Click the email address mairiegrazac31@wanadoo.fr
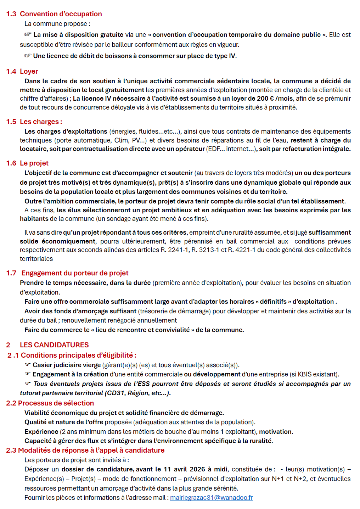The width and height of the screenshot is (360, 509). [211, 497]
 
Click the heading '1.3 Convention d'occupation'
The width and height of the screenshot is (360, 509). [54, 14]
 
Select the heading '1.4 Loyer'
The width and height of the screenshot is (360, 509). [22, 71]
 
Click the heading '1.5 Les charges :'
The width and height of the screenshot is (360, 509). [34, 122]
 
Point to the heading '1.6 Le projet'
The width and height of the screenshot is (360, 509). [27, 163]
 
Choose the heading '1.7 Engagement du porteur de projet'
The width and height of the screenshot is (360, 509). [67, 273]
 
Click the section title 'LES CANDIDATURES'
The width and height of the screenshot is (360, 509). [54, 345]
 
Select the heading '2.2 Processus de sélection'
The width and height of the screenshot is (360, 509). [50, 403]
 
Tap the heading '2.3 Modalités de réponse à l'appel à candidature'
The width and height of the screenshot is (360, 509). [85, 450]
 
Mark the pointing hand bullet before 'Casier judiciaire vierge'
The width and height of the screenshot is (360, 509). [28, 365]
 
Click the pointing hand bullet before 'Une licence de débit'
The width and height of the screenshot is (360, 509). [28, 56]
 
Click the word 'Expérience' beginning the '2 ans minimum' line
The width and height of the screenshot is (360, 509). [41, 432]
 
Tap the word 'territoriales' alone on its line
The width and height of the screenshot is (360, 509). [36, 259]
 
